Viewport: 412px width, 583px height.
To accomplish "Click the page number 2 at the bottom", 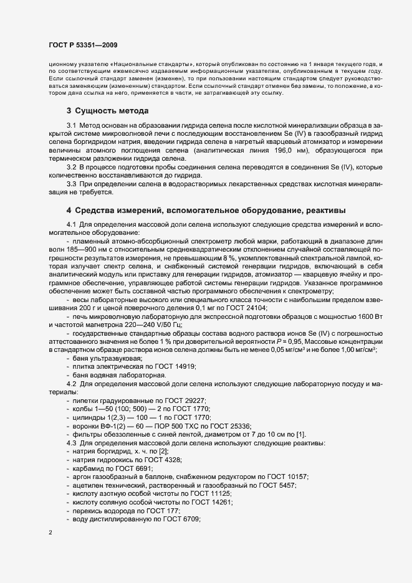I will pyautogui.click(x=50, y=533).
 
